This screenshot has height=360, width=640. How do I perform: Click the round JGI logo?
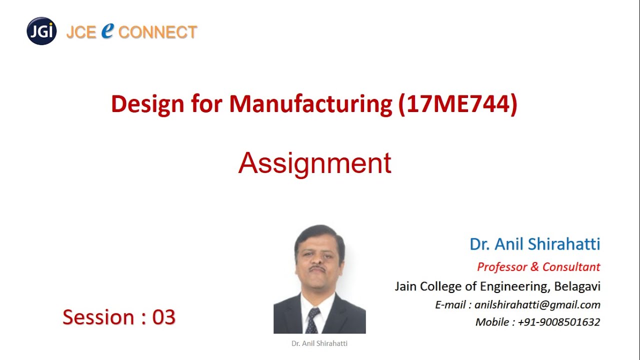pyautogui.click(x=41, y=31)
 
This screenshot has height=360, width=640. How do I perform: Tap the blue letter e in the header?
pyautogui.click(x=107, y=30)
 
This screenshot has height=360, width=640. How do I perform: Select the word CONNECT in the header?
pyautogui.click(x=158, y=32)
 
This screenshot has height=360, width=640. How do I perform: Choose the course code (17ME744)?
pyautogui.click(x=457, y=104)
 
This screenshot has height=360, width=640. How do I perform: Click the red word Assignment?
pyautogui.click(x=314, y=163)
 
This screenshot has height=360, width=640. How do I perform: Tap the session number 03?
pyautogui.click(x=164, y=317)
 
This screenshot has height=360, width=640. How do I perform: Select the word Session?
pyautogui.click(x=98, y=317)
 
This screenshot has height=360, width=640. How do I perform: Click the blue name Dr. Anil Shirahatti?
pyautogui.click(x=534, y=244)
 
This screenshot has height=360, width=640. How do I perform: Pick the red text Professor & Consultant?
pyautogui.click(x=538, y=267)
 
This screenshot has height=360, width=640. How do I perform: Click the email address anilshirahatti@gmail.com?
pyautogui.click(x=537, y=305)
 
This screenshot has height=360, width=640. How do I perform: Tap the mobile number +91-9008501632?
pyautogui.click(x=558, y=322)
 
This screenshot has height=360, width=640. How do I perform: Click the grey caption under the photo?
pyautogui.click(x=319, y=343)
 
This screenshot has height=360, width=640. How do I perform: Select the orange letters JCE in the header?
pyautogui.click(x=81, y=32)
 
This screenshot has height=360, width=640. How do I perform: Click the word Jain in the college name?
pyautogui.click(x=405, y=286)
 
